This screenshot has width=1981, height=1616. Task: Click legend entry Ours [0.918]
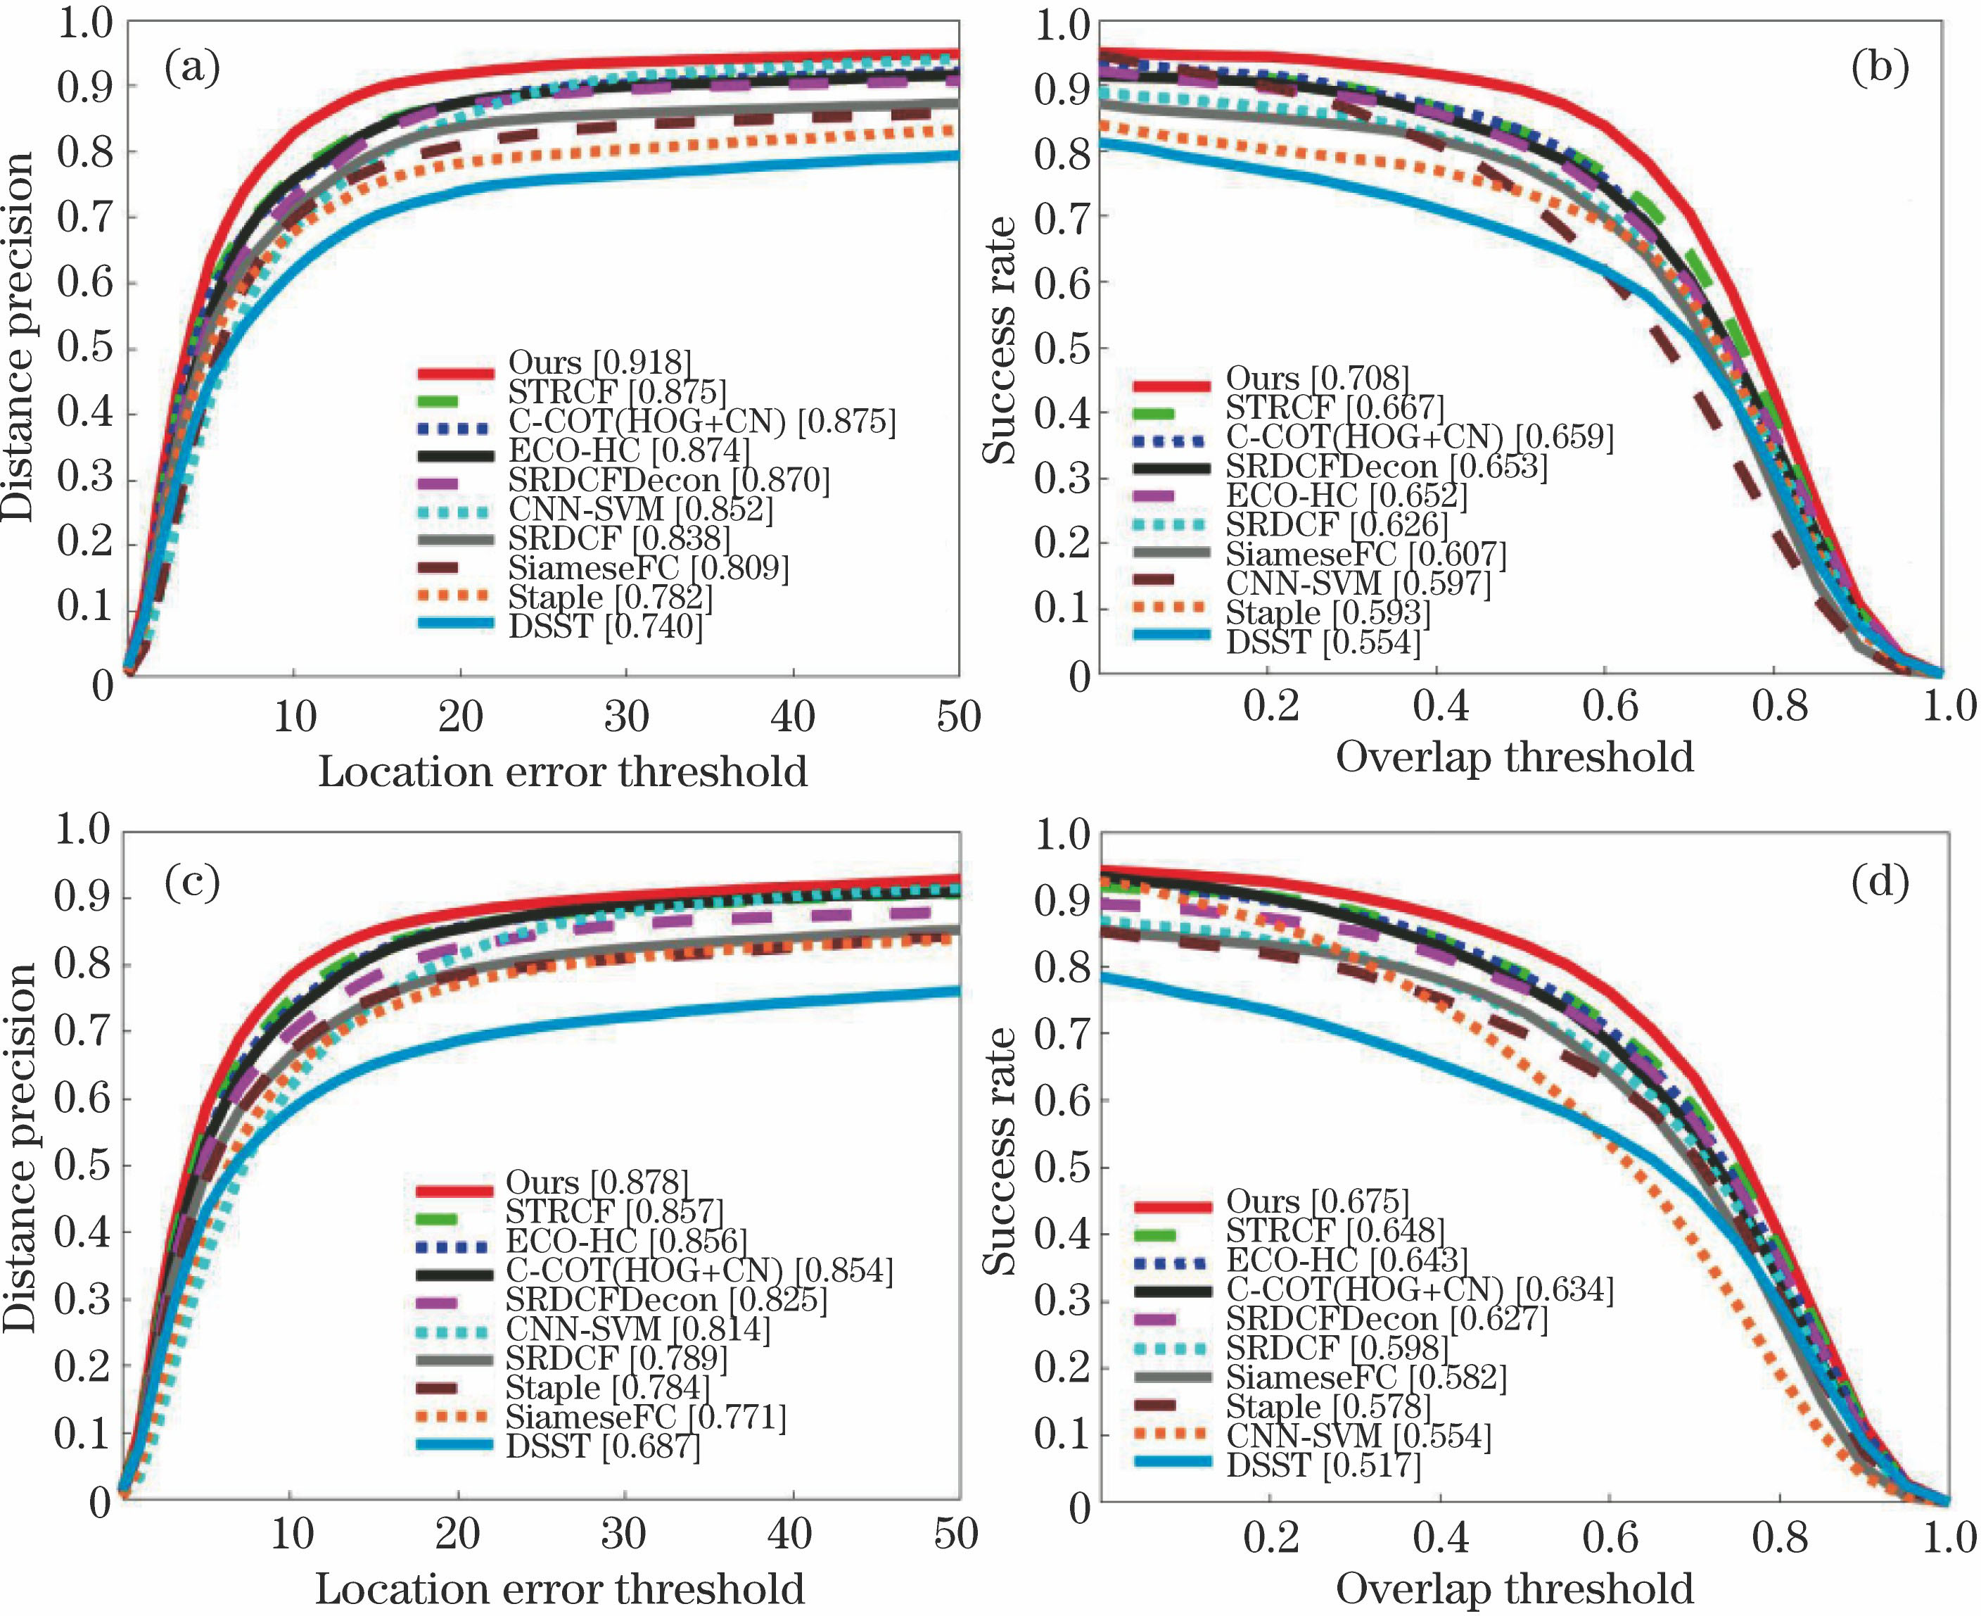pos(599,363)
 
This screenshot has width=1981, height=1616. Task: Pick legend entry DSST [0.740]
pos(605,627)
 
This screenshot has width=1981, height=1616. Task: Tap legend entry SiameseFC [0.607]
pos(1365,555)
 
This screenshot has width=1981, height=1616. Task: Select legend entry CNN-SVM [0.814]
pos(637,1328)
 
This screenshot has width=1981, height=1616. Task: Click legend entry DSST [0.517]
pos(1323,1465)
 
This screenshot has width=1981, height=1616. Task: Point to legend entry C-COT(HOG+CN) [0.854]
pos(698,1270)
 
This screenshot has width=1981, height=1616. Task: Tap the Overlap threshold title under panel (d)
pos(1514,1588)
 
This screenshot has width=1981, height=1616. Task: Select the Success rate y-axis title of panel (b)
pos(1000,340)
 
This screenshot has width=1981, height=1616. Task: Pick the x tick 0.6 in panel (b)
pos(1610,707)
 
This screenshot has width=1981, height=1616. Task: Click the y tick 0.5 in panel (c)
pos(82,1166)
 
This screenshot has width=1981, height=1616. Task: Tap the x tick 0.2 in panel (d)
pos(1271,1537)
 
